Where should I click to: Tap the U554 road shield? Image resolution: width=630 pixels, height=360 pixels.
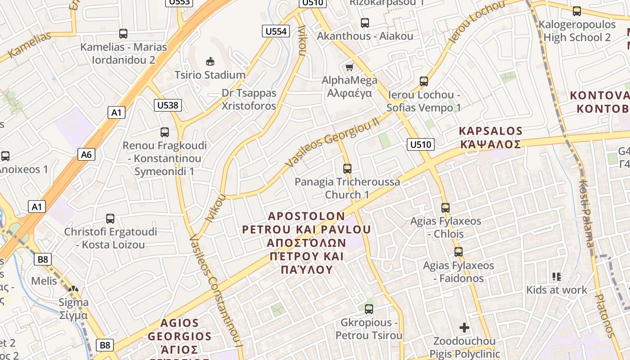pyautogui.click(x=275, y=31)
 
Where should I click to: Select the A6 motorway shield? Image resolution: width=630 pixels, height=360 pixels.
pyautogui.click(x=86, y=154)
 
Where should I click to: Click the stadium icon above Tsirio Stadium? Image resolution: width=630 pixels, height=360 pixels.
pyautogui.click(x=210, y=61)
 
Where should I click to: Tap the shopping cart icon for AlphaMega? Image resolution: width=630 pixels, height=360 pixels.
pyautogui.click(x=349, y=67)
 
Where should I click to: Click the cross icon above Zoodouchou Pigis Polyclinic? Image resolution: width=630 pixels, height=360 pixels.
pyautogui.click(x=464, y=327)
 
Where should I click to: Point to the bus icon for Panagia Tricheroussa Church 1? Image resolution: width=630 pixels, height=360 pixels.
pyautogui.click(x=347, y=169)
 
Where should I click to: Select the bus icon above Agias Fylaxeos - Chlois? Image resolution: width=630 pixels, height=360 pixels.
pyautogui.click(x=445, y=208)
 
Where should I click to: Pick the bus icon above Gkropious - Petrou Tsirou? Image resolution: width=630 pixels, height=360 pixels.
pyautogui.click(x=369, y=309)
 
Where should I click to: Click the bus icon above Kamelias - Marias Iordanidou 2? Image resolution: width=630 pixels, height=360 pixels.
pyautogui.click(x=123, y=33)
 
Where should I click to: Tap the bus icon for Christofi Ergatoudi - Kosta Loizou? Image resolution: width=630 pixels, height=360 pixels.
pyautogui.click(x=110, y=219)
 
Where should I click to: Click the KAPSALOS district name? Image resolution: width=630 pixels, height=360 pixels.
pyautogui.click(x=490, y=131)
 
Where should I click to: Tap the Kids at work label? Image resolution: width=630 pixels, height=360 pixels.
pyautogui.click(x=557, y=290)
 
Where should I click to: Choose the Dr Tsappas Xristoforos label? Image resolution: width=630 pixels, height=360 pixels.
pyautogui.click(x=249, y=99)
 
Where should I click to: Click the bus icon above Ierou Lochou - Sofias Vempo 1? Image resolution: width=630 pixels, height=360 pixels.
pyautogui.click(x=424, y=81)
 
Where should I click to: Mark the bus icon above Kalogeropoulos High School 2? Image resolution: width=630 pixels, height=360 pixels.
pyautogui.click(x=577, y=11)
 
